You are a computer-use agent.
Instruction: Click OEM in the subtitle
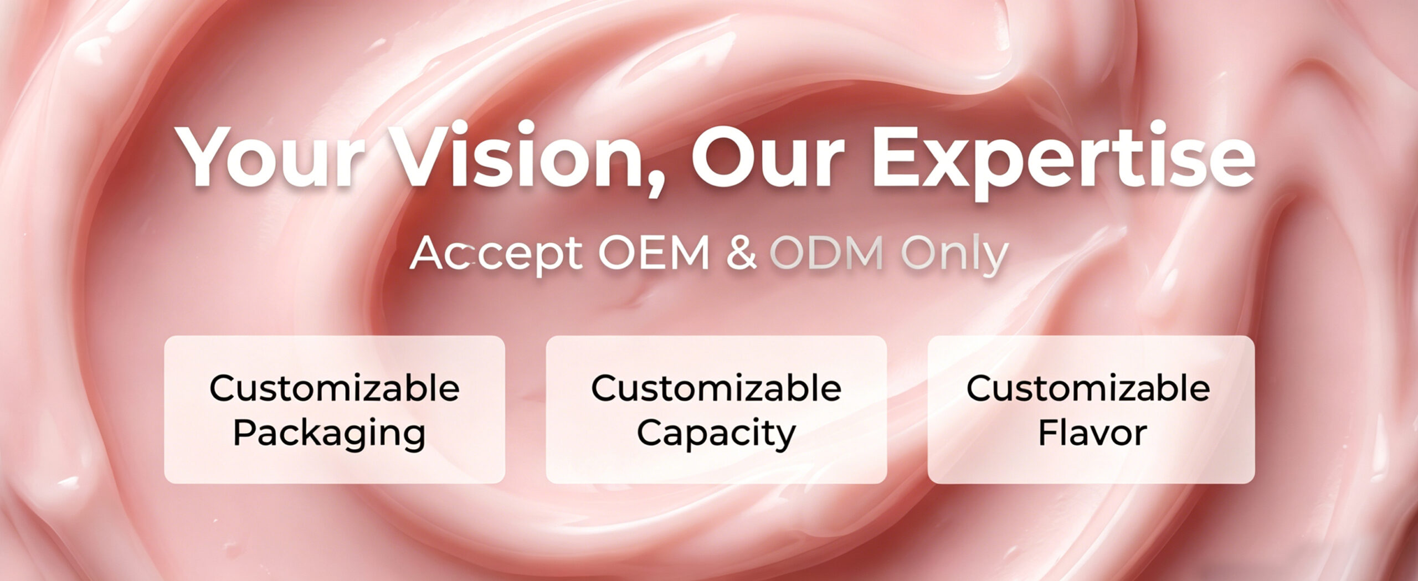point(654,254)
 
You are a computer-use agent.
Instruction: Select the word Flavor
point(1092,433)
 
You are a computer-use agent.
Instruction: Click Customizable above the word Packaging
point(335,388)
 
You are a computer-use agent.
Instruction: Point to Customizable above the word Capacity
point(716,388)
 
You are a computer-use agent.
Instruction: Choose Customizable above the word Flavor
point(1088,388)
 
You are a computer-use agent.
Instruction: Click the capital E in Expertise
point(896,157)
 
